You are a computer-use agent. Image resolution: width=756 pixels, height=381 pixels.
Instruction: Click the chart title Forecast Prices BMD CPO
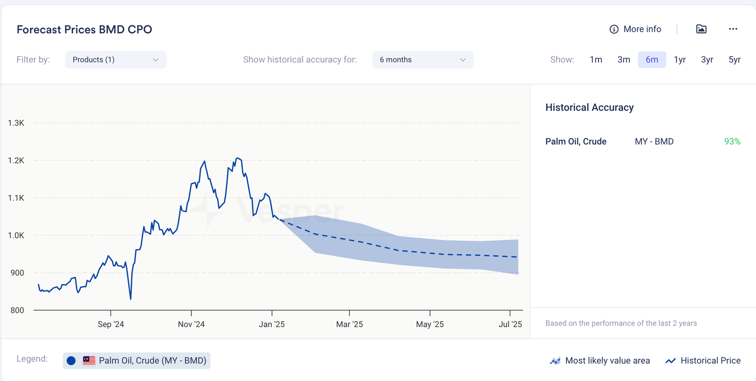pyautogui.click(x=84, y=29)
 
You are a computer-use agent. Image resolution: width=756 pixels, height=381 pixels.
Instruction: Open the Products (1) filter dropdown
pyautogui.click(x=115, y=60)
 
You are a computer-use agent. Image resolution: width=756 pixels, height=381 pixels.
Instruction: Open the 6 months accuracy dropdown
pyautogui.click(x=422, y=60)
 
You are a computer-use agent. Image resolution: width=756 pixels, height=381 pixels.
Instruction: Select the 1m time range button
pyautogui.click(x=596, y=60)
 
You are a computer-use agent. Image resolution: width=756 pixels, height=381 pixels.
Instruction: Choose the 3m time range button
pyautogui.click(x=624, y=60)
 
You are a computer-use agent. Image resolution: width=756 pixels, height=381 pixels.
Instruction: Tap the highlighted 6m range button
pyautogui.click(x=652, y=60)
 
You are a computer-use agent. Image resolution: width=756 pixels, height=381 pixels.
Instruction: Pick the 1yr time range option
pyautogui.click(x=679, y=60)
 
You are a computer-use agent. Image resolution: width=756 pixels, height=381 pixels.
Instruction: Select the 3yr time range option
pyautogui.click(x=707, y=60)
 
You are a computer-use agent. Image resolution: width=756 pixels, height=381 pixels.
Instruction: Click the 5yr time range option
pyautogui.click(x=734, y=60)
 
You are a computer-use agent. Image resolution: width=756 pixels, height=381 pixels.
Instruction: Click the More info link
pyautogui.click(x=636, y=29)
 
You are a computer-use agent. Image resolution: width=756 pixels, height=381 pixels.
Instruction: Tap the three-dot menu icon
pyautogui.click(x=733, y=29)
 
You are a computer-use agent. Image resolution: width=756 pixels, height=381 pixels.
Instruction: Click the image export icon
pyautogui.click(x=701, y=29)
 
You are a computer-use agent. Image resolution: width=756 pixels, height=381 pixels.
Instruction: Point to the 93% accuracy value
pyautogui.click(x=732, y=141)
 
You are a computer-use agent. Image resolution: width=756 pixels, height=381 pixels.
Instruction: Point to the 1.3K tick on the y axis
pyautogui.click(x=16, y=123)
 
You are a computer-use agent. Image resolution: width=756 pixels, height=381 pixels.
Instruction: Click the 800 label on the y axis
pyautogui.click(x=17, y=310)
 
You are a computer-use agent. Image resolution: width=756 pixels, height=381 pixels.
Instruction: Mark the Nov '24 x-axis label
pyautogui.click(x=191, y=324)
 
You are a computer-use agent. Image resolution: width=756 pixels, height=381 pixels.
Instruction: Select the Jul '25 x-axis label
pyautogui.click(x=510, y=324)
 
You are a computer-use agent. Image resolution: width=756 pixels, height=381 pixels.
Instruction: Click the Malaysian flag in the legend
pyautogui.click(x=89, y=361)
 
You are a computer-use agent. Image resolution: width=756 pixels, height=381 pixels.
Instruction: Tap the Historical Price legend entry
pyautogui.click(x=703, y=361)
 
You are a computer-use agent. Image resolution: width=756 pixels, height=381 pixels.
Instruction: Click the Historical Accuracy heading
pyautogui.click(x=589, y=107)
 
